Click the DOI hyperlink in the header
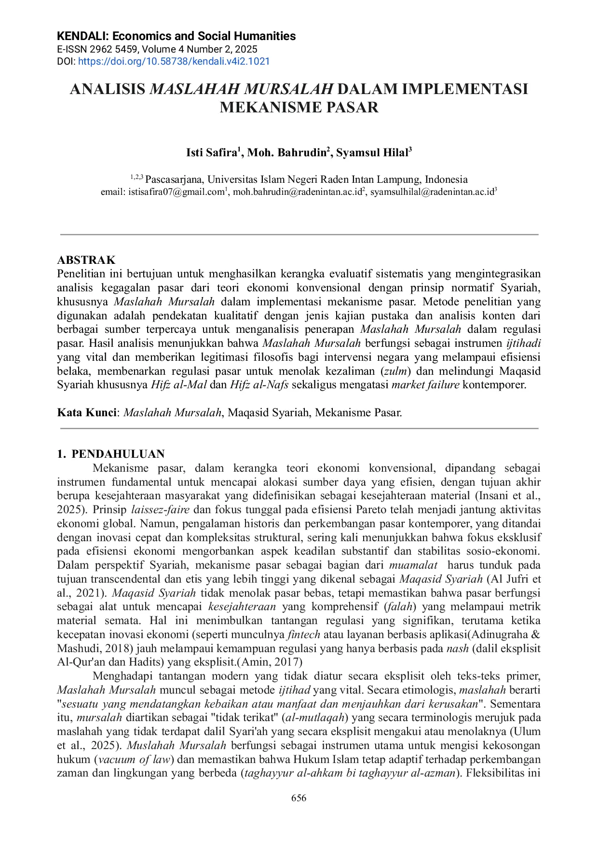174,61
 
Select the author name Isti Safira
212,153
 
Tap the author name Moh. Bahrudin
287,153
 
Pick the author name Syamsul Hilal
372,153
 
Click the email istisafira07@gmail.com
176,192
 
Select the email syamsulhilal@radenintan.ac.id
432,192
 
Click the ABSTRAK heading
86,260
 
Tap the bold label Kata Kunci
87,412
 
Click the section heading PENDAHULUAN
118,454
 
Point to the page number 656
299,798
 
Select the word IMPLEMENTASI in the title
465,89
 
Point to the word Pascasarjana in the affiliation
174,179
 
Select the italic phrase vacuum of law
135,759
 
